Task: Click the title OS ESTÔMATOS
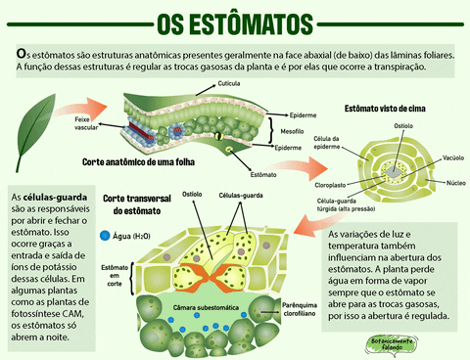(235, 22)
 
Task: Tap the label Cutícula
(229, 84)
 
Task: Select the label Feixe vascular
(86, 122)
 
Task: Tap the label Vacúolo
(452, 157)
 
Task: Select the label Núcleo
(455, 182)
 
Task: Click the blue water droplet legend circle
(105, 236)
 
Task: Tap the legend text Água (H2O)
(131, 237)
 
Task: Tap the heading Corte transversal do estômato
(136, 203)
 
